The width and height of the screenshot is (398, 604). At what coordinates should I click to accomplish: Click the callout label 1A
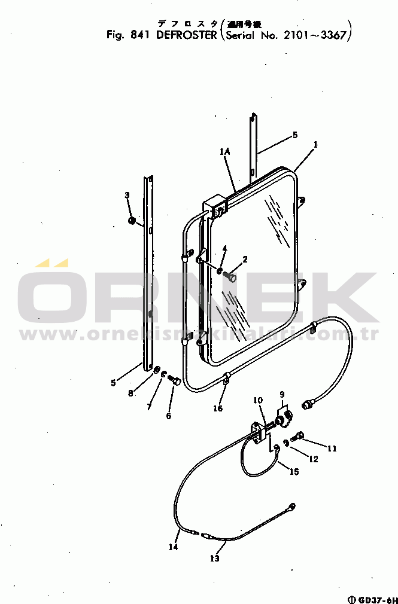coord(224,153)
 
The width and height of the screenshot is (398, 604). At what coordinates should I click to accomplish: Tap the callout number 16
coord(218,408)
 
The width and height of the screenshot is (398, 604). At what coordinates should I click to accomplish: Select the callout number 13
coord(214,559)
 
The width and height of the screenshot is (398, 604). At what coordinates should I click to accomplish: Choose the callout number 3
coord(127,196)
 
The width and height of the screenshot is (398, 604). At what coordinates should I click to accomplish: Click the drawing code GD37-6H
coord(375,599)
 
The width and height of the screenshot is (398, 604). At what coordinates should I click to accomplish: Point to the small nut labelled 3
coord(132,221)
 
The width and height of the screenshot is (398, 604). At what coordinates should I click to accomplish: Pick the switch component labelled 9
coord(284,416)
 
